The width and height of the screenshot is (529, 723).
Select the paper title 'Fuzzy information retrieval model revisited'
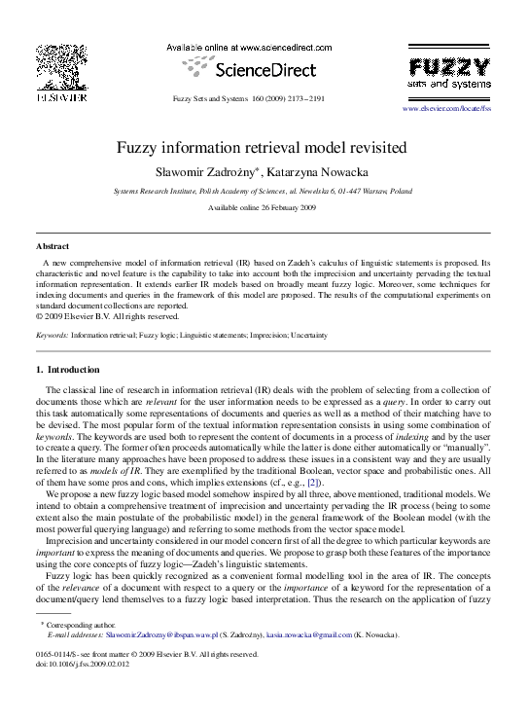tap(263, 149)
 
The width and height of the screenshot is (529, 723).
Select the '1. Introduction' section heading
tap(67, 370)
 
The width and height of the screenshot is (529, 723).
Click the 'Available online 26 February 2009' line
tap(263, 209)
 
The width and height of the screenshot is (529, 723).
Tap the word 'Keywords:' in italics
tap(52, 335)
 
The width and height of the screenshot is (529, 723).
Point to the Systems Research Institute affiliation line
tap(263, 193)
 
